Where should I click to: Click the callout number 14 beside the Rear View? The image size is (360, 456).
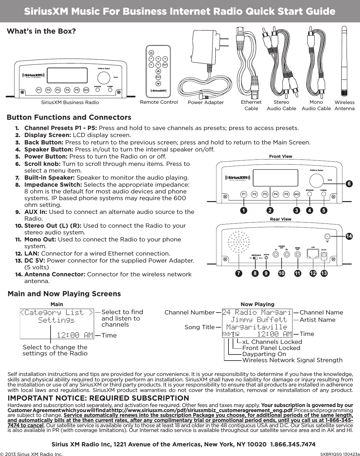(x=349, y=236)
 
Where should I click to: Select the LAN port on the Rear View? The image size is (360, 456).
(x=313, y=254)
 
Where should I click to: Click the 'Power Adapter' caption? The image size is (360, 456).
(x=206, y=103)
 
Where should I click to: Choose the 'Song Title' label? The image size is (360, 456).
(x=199, y=327)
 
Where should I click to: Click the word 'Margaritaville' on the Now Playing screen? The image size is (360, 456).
(x=256, y=327)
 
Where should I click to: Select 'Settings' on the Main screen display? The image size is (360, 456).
(x=56, y=320)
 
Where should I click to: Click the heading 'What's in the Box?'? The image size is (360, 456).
(x=42, y=32)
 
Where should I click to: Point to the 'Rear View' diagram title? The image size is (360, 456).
(x=281, y=219)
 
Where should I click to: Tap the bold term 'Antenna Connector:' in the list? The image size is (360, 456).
(x=55, y=274)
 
